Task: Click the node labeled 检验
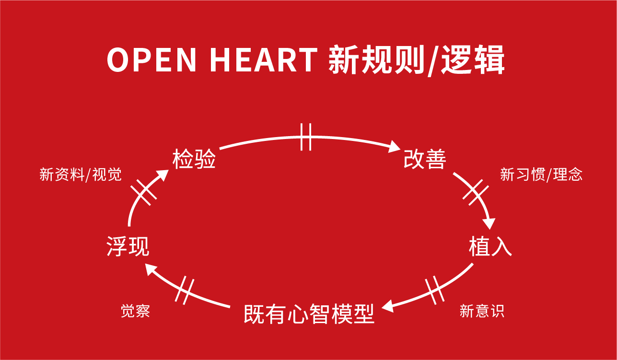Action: pyautogui.click(x=194, y=159)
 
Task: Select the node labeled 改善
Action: pyautogui.click(x=425, y=159)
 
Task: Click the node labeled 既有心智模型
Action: pyautogui.click(x=309, y=314)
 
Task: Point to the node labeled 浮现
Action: pyautogui.click(x=128, y=247)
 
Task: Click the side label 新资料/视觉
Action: pyautogui.click(x=81, y=174)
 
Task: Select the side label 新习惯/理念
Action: pyautogui.click(x=541, y=174)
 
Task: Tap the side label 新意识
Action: pyautogui.click(x=482, y=311)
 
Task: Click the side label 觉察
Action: pyautogui.click(x=135, y=311)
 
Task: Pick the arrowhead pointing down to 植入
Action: pyautogui.click(x=489, y=224)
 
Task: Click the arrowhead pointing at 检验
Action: pyautogui.click(x=162, y=175)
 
